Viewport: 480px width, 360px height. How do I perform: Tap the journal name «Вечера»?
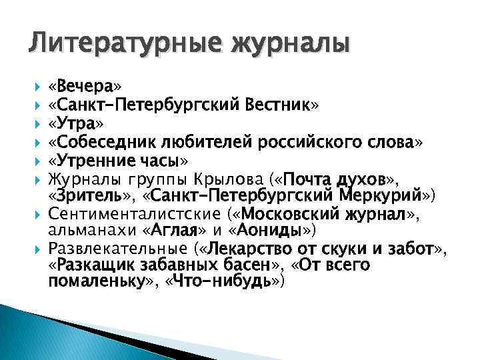pyautogui.click(x=85, y=87)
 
